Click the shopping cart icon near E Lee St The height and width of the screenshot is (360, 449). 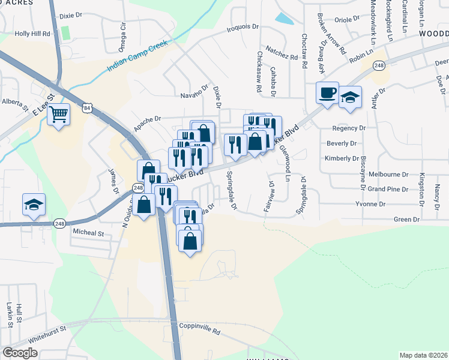[58, 113]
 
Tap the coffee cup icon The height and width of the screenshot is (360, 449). [327, 93]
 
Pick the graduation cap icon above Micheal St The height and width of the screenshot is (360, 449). [34, 205]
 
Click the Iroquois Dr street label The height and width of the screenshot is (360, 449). [242, 28]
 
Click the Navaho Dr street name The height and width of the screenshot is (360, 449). [193, 95]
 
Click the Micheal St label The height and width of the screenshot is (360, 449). [88, 232]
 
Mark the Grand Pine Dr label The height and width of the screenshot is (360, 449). [388, 189]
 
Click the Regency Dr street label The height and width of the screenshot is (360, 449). [348, 128]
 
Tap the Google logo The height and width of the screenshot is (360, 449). [20, 353]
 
